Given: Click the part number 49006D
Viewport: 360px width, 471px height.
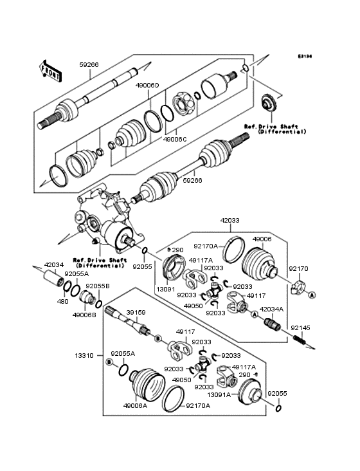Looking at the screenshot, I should [148, 84].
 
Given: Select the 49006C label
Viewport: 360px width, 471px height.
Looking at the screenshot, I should [174, 139].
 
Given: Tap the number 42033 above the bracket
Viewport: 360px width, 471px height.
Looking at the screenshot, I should [231, 221].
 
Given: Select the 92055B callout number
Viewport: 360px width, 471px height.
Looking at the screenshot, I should [98, 285].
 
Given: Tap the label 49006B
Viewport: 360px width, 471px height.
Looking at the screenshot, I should [85, 315].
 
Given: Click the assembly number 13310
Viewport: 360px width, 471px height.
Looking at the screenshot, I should [84, 355].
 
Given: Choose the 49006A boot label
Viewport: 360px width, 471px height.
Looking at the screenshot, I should [134, 406].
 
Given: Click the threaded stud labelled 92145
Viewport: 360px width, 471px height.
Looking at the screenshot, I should [300, 339].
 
